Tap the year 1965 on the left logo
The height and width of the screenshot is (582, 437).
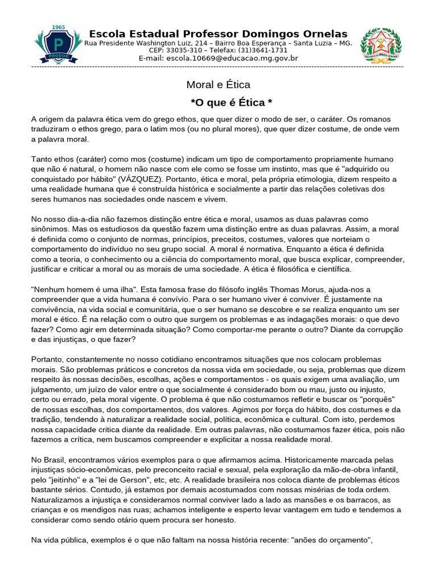[58, 27]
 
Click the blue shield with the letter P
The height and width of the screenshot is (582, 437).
[58, 45]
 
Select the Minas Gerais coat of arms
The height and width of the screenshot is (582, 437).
[381, 45]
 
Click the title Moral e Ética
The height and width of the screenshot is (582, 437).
[218, 85]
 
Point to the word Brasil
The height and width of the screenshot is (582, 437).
[57, 459]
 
